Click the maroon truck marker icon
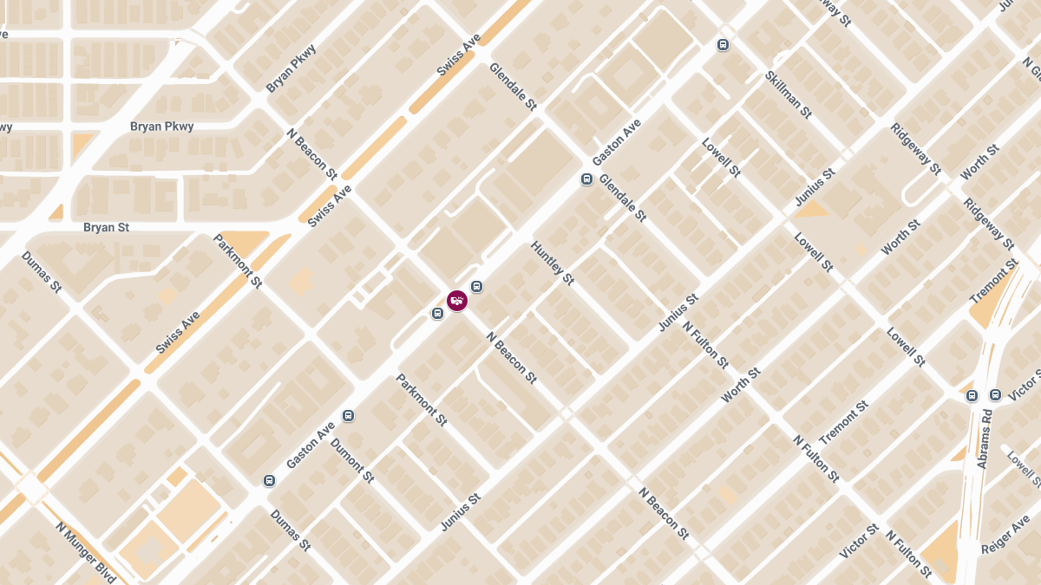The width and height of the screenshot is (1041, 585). pos(457,300)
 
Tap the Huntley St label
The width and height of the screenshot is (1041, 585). pos(553,263)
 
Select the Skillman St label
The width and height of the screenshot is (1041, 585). pos(788,94)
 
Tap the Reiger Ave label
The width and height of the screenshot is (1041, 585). pos(1005,536)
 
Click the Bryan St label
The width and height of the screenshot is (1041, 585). pos(106,227)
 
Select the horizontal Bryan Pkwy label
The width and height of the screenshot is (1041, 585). pos(161,127)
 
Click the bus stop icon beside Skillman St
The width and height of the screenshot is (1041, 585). pos(723,45)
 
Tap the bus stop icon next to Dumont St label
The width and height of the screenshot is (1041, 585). pos(349,415)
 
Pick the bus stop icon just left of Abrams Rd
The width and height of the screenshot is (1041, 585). pos(972,396)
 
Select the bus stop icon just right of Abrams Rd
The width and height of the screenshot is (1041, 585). pos(995,395)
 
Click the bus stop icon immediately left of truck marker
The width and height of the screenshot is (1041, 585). pos(437,313)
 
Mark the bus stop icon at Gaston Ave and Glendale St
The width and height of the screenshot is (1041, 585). pos(586,179)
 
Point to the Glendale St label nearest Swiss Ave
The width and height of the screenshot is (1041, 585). pos(514,86)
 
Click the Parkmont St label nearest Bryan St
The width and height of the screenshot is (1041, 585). pos(237,260)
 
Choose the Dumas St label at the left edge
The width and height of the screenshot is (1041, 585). pos(42,272)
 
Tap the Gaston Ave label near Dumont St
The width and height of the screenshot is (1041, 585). pos(311,445)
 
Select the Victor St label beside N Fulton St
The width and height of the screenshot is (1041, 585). pos(860,541)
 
